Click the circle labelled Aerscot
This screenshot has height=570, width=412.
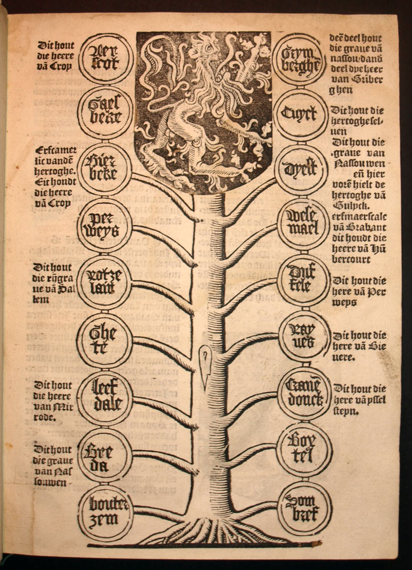pos(105,58)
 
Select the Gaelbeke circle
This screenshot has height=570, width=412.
pos(105,113)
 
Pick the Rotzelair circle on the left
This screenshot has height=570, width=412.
pos(105,282)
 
